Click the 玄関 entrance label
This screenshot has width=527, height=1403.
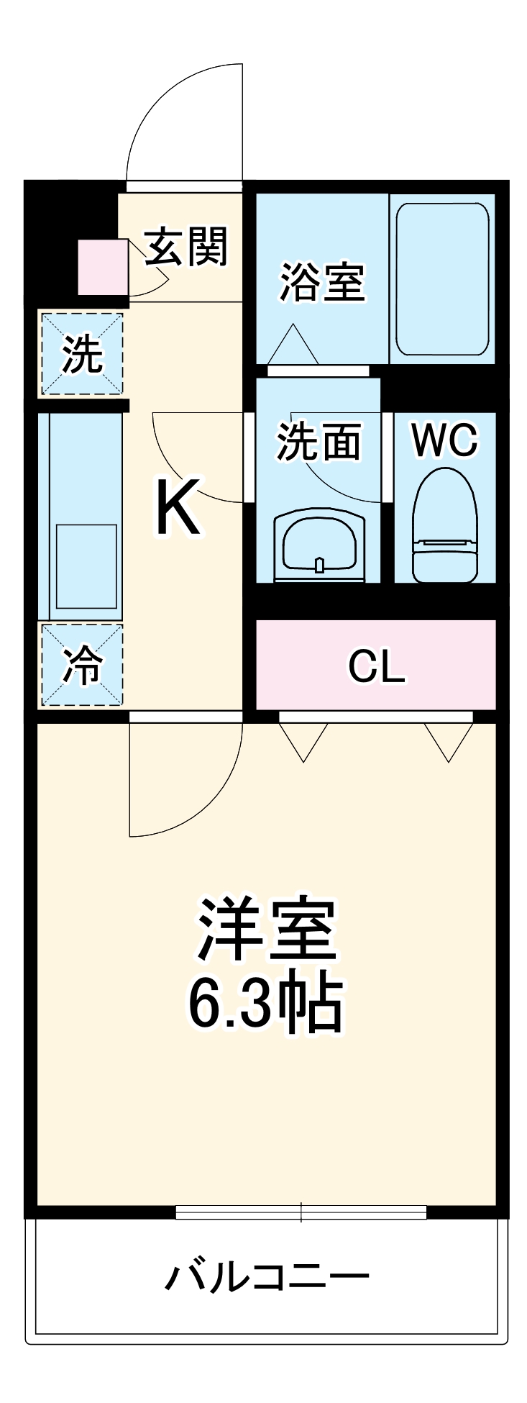pos(187,247)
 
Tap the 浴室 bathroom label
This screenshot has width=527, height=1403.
pos(322,282)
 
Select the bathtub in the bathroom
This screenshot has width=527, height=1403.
pos(442,278)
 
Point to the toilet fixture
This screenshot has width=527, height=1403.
pos(444,526)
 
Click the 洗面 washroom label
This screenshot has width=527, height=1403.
pos(319,441)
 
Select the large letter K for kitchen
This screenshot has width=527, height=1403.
pos(177,508)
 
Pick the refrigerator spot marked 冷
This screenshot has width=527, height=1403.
pos(81,665)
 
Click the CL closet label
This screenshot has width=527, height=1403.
pos(375,666)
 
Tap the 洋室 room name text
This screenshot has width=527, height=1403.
pos(267,929)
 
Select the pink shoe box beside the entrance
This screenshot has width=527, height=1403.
pos(102,267)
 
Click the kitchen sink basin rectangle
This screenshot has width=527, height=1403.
pos(86,567)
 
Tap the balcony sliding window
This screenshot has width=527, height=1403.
pos(301,1212)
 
